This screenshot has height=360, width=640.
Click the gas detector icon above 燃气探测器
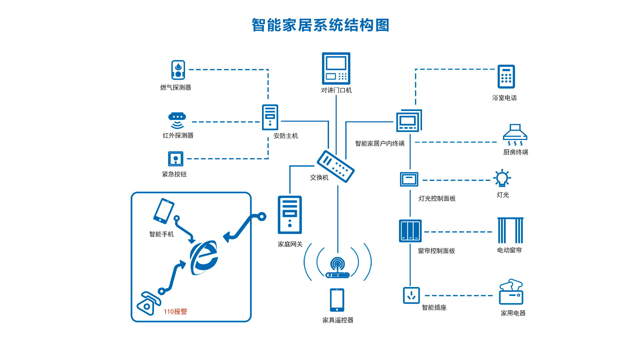(178, 70)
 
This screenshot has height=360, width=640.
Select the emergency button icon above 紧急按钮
(176, 159)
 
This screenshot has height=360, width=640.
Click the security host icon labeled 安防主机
(270, 117)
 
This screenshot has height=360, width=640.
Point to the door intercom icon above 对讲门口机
(336, 68)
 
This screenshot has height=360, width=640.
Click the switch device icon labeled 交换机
(335, 166)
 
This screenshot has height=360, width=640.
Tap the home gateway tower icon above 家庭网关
(290, 215)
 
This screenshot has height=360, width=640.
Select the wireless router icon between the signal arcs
(337, 268)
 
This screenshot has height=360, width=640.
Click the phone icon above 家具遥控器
(337, 300)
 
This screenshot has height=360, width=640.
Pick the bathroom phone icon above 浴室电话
(506, 77)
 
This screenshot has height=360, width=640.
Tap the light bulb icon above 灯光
(502, 178)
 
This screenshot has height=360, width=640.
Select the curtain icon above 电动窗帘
(510, 230)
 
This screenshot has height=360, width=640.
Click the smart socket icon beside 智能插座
(411, 295)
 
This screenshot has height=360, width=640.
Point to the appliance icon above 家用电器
(511, 292)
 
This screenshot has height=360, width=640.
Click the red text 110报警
(175, 312)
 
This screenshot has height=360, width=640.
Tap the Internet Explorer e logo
(204, 258)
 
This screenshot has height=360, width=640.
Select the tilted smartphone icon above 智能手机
(164, 211)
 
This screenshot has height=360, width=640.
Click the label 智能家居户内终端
(380, 144)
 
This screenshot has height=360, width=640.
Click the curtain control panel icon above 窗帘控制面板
(410, 231)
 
